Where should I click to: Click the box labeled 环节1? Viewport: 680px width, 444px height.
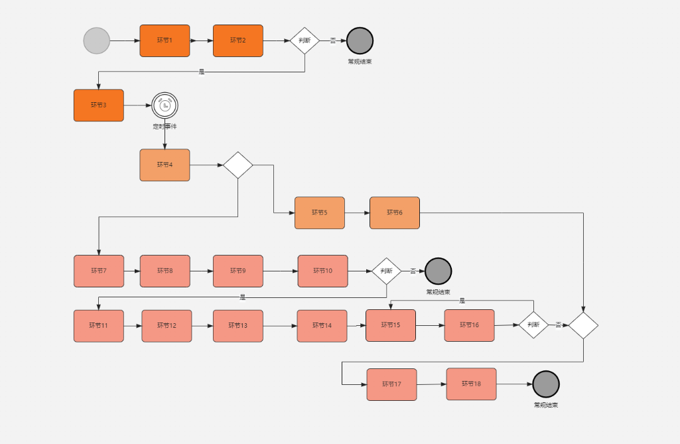coord(165,40)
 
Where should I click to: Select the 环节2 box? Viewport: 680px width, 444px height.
coord(238,40)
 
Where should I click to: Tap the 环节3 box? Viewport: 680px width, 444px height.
coord(98,105)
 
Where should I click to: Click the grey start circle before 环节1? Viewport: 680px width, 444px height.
coord(96,40)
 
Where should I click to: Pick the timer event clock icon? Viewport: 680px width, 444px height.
coord(165,105)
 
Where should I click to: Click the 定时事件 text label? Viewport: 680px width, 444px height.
coord(165,126)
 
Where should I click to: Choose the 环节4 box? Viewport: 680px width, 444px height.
coord(165,165)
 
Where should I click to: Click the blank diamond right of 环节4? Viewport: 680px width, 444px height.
coord(238,165)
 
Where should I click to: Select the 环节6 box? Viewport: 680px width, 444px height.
coord(395,212)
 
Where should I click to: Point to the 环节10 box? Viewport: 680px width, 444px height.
coord(322,271)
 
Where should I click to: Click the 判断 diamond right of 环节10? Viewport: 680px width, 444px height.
coord(387,271)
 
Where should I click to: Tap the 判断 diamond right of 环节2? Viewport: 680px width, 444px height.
coord(305,40)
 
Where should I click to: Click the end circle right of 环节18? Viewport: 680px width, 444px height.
coord(546,384)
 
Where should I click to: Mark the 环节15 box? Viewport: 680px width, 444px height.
coord(391,325)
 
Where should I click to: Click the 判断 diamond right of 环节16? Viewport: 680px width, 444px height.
coord(533,325)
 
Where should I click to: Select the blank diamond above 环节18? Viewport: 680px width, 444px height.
coord(583,325)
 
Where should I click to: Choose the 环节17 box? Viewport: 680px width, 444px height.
coord(391,384)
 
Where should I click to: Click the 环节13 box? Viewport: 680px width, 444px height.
coord(238,326)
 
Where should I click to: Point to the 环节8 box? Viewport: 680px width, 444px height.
coord(165,271)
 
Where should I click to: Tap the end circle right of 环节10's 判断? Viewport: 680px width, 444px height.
coord(438,271)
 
